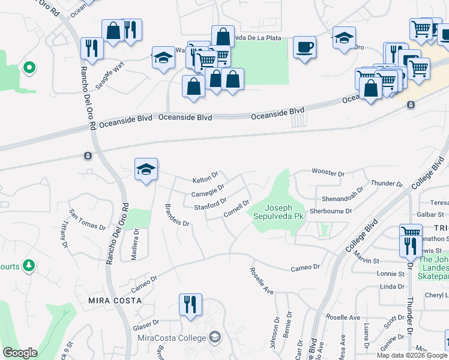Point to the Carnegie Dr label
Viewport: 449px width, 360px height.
click(208, 191)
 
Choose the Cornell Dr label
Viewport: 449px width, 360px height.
click(236, 210)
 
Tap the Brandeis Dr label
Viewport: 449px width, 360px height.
click(177, 215)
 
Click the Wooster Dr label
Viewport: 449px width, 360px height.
click(328, 173)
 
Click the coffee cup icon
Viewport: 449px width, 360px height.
click(305, 46)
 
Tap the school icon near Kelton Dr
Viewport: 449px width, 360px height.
click(146, 170)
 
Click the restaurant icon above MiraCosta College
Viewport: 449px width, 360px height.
click(190, 304)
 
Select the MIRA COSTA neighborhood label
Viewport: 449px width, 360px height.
click(110, 299)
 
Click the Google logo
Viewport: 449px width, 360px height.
click(20, 353)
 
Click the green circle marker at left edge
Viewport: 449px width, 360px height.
click(29, 67)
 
